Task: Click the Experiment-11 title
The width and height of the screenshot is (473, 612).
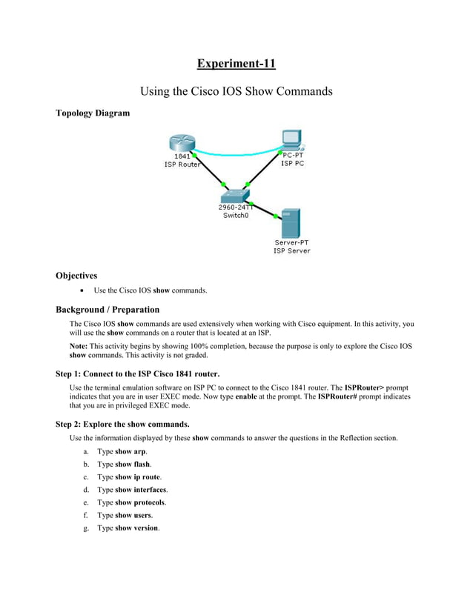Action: coord(236,64)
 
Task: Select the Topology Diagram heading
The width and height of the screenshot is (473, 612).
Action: coord(93,113)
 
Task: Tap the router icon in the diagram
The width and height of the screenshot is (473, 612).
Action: coord(180,143)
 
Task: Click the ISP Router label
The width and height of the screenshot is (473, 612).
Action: coord(182,164)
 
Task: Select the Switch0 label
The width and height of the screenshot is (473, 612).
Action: coord(236,216)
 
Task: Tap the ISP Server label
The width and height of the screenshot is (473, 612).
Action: coord(291,251)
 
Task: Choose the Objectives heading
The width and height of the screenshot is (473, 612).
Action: coord(76,276)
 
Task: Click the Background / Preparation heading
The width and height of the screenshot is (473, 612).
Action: coord(107,310)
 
